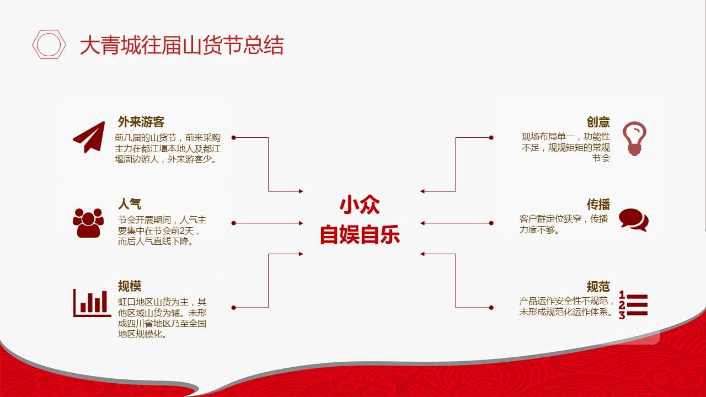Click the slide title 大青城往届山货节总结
[x=182, y=45]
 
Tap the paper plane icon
[x=89, y=137]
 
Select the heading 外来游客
[x=141, y=122]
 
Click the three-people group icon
[x=88, y=223]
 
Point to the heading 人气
[x=130, y=203]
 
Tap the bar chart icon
[x=92, y=303]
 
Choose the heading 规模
[x=130, y=286]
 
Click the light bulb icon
[x=634, y=138]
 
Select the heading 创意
[x=598, y=122]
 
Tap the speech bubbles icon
[x=634, y=219]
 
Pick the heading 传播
[x=598, y=204]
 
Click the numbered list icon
[x=633, y=305]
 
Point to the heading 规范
[x=598, y=287]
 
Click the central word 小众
[x=360, y=205]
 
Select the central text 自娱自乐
[x=360, y=234]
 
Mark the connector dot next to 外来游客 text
[x=233, y=138]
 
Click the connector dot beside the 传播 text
[x=491, y=223]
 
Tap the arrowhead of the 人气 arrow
[x=301, y=223]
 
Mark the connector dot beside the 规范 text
[x=491, y=308]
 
